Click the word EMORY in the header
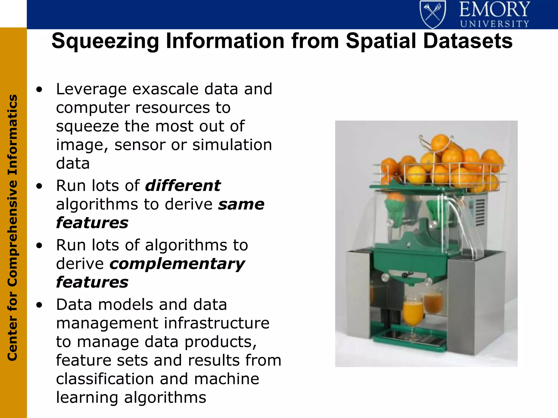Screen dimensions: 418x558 (x=495, y=10)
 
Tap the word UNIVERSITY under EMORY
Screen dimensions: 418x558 (x=495, y=24)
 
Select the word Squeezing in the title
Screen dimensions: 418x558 (x=105, y=41)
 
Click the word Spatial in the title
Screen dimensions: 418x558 (x=381, y=41)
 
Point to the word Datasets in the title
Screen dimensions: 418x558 (x=468, y=41)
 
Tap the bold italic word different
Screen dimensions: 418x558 (x=183, y=186)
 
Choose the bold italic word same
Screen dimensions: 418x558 (x=241, y=204)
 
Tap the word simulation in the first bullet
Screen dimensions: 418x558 (x=232, y=145)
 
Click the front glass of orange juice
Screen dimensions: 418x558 (x=413, y=313)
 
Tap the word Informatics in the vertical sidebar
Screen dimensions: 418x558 (x=13, y=135)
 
